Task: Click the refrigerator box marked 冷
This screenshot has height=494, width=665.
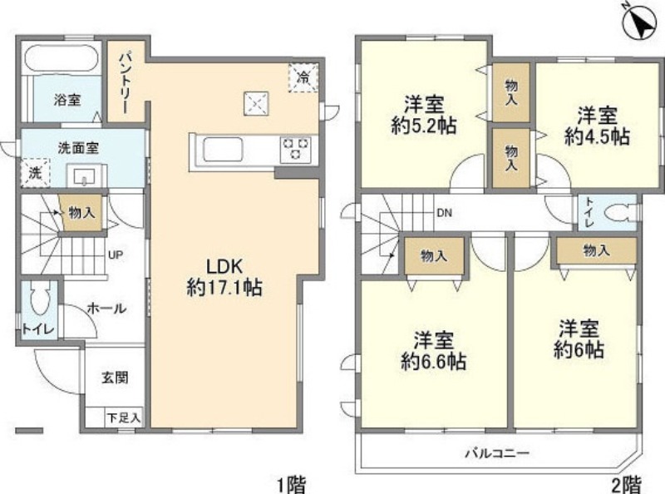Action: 303,78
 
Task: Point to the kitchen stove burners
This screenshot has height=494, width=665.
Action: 295,149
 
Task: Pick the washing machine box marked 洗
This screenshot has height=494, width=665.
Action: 34,174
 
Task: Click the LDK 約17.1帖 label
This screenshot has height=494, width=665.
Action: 224,278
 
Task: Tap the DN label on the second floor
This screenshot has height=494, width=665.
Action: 445,213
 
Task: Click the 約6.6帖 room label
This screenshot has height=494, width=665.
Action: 432,352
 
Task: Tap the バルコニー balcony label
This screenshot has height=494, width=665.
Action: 497,454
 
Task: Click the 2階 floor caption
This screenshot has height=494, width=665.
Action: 628,483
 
